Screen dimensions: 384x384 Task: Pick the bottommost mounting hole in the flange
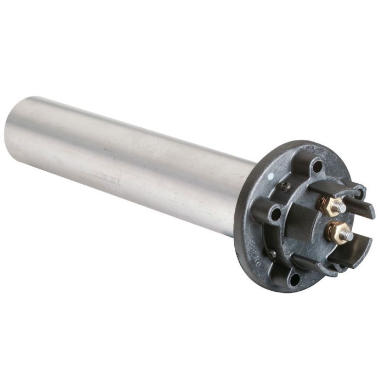point(295,279)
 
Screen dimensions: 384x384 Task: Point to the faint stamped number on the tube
point(110,177)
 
